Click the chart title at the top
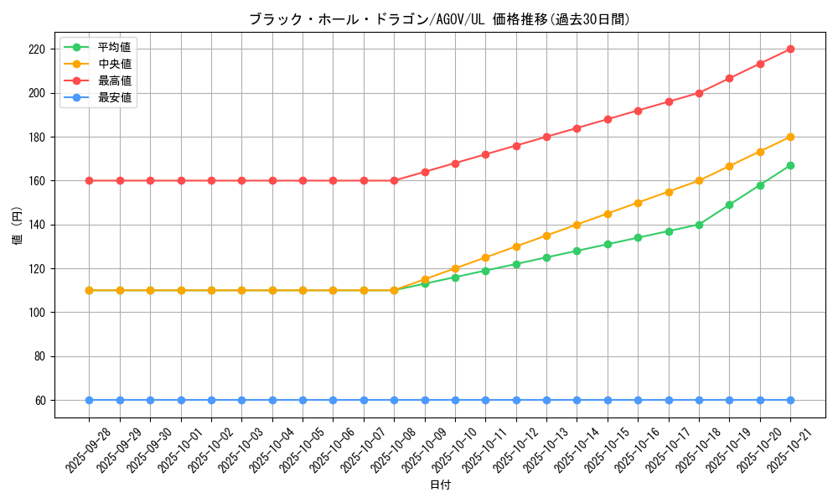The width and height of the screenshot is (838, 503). [x=439, y=19]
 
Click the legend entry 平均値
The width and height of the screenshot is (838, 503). [x=114, y=47]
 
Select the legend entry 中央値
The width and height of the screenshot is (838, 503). [x=114, y=64]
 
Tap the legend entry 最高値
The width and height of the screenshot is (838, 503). [x=114, y=80]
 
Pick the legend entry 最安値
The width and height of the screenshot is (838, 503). [x=114, y=97]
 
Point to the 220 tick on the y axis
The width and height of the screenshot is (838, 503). [x=37, y=49]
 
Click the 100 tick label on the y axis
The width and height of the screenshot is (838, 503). [x=37, y=313]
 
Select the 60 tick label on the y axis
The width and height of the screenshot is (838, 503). [x=40, y=401]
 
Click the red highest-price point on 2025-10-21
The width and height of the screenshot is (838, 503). [x=790, y=49]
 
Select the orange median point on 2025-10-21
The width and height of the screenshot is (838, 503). [x=790, y=137]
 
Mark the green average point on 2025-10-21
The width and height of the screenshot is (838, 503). [x=790, y=165]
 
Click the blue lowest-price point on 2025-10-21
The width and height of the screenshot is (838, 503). [x=790, y=400]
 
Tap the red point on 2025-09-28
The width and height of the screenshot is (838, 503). [x=90, y=180]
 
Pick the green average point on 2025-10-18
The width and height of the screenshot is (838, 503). [x=699, y=225]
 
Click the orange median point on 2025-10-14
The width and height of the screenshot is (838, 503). [x=577, y=225]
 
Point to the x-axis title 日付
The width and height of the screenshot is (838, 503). [x=440, y=485]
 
